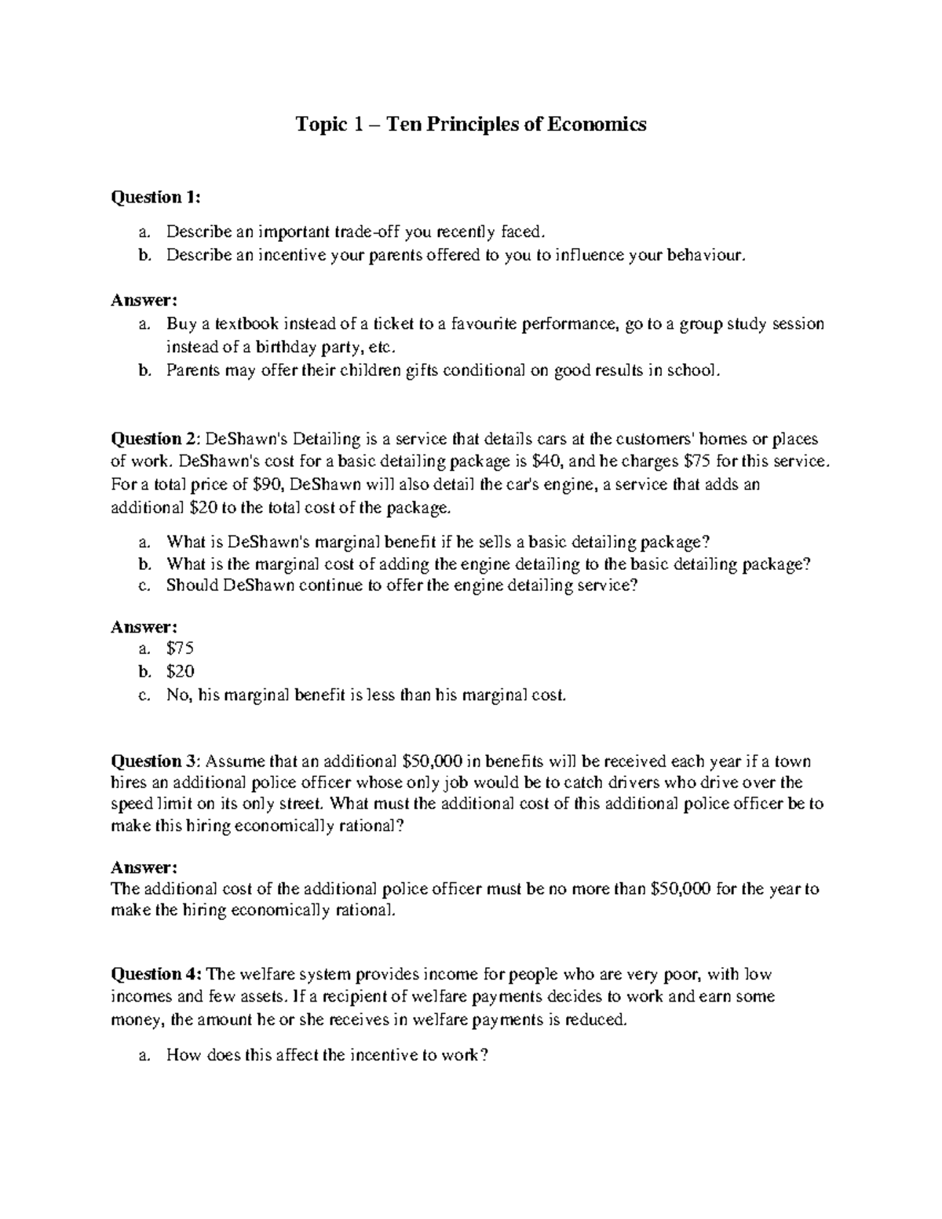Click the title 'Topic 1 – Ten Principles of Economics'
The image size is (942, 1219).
coord(470,124)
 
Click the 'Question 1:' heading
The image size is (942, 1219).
coord(155,197)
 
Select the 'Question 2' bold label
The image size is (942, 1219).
coord(155,439)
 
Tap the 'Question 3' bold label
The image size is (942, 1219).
coord(155,761)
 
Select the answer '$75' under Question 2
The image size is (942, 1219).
coord(180,648)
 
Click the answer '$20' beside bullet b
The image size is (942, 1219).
coord(180,671)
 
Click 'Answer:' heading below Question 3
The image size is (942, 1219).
coord(144,867)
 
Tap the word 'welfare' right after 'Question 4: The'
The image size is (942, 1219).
coord(265,974)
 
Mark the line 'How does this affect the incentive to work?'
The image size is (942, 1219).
coord(327,1055)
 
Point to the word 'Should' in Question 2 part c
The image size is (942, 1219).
coord(192,586)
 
